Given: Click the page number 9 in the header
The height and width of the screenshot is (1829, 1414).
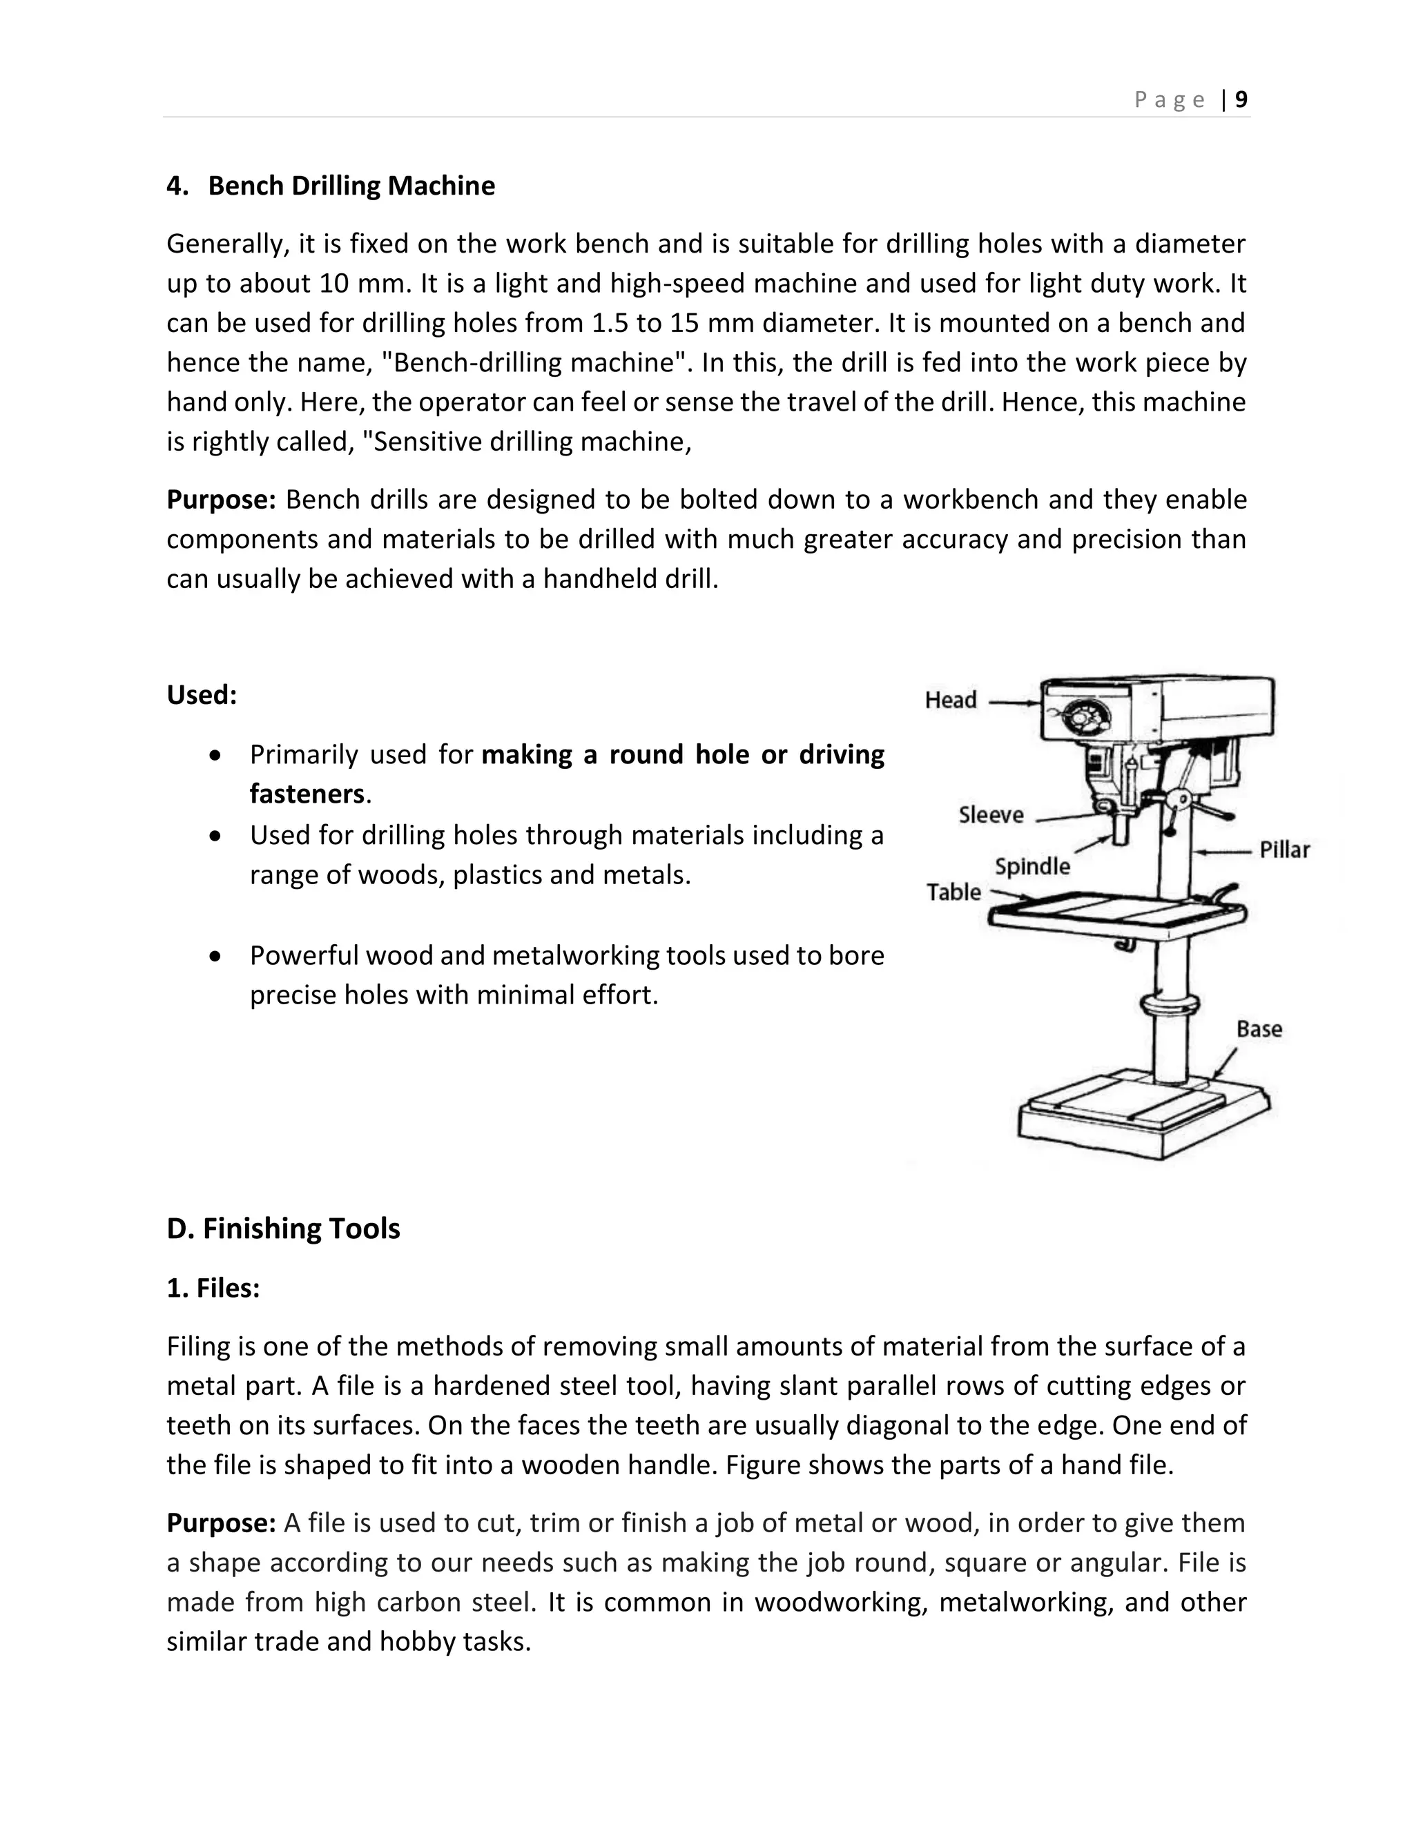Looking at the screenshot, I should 1241,99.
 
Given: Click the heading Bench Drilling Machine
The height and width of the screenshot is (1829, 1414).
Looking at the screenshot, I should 351,185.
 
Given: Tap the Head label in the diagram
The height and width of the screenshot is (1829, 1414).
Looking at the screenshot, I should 950,700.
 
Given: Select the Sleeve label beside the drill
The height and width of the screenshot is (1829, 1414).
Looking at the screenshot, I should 991,815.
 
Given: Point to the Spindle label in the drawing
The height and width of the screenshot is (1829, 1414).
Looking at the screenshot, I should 1032,866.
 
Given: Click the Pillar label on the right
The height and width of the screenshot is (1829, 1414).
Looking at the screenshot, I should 1284,850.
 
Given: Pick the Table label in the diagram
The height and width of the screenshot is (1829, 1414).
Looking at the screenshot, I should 953,892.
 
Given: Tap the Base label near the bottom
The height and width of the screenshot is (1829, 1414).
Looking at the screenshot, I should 1259,1029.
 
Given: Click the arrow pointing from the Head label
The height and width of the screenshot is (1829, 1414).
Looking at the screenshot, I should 1014,703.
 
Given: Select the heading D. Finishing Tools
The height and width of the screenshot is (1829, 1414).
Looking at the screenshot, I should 283,1229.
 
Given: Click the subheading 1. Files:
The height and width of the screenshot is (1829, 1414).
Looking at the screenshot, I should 213,1288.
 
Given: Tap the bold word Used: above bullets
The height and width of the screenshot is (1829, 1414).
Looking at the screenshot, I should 202,695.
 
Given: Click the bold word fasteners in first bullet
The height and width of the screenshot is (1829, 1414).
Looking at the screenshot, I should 307,794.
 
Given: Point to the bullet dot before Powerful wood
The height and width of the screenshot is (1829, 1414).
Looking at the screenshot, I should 217,955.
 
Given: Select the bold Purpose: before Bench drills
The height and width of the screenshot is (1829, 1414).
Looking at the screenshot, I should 221,500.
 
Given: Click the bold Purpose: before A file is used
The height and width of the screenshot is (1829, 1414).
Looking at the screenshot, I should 221,1523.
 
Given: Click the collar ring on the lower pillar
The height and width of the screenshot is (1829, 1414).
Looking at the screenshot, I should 1170,1004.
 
